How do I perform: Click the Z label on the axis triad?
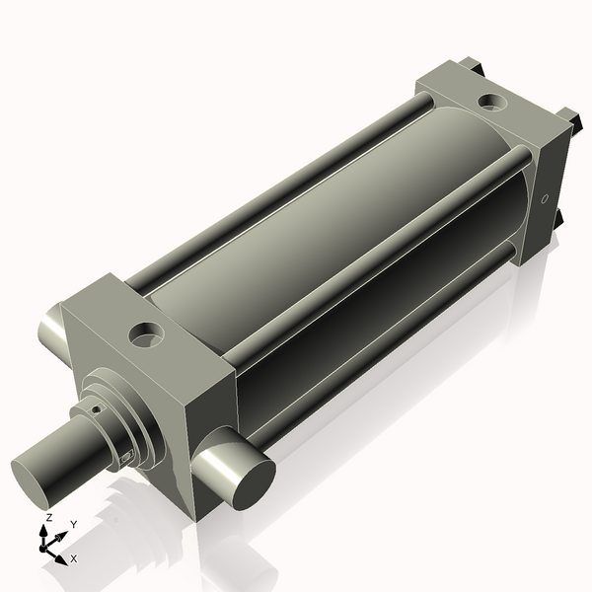coord(49,517)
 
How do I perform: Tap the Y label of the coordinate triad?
coord(74,524)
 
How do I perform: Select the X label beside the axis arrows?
coord(74,558)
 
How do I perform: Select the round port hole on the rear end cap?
coord(489,101)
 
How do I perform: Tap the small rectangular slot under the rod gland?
coord(125,456)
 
